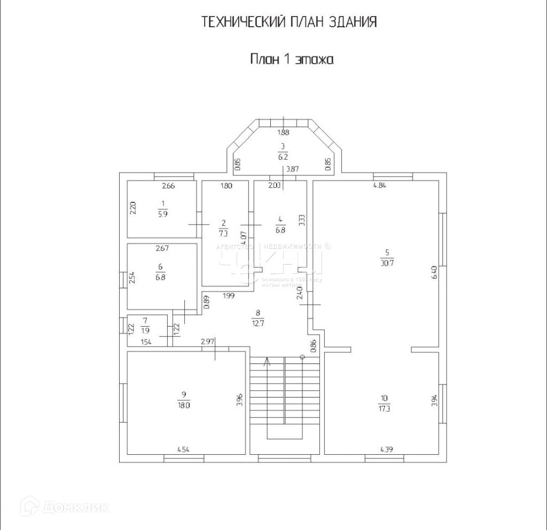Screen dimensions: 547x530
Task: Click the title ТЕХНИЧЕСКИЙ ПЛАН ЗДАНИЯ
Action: tap(289, 22)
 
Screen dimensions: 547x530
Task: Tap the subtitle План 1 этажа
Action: tap(292, 59)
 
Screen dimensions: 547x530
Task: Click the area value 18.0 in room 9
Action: tap(184, 405)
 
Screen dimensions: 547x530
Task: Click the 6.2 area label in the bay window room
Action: tap(283, 157)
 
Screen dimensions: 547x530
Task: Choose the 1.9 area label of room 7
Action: tap(145, 330)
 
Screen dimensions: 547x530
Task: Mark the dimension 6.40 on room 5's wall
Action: tap(434, 273)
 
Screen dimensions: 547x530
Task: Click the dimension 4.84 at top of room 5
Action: tap(380, 186)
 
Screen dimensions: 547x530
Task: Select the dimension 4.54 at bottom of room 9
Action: tap(183, 449)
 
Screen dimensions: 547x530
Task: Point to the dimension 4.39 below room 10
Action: tap(387, 449)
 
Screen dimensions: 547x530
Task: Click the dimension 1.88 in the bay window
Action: tap(283, 133)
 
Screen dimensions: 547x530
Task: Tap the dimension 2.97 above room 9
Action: tap(208, 341)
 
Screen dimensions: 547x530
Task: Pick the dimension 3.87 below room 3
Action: tap(292, 169)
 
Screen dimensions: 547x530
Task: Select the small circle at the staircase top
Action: tap(302, 357)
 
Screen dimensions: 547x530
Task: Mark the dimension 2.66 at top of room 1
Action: tap(168, 186)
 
